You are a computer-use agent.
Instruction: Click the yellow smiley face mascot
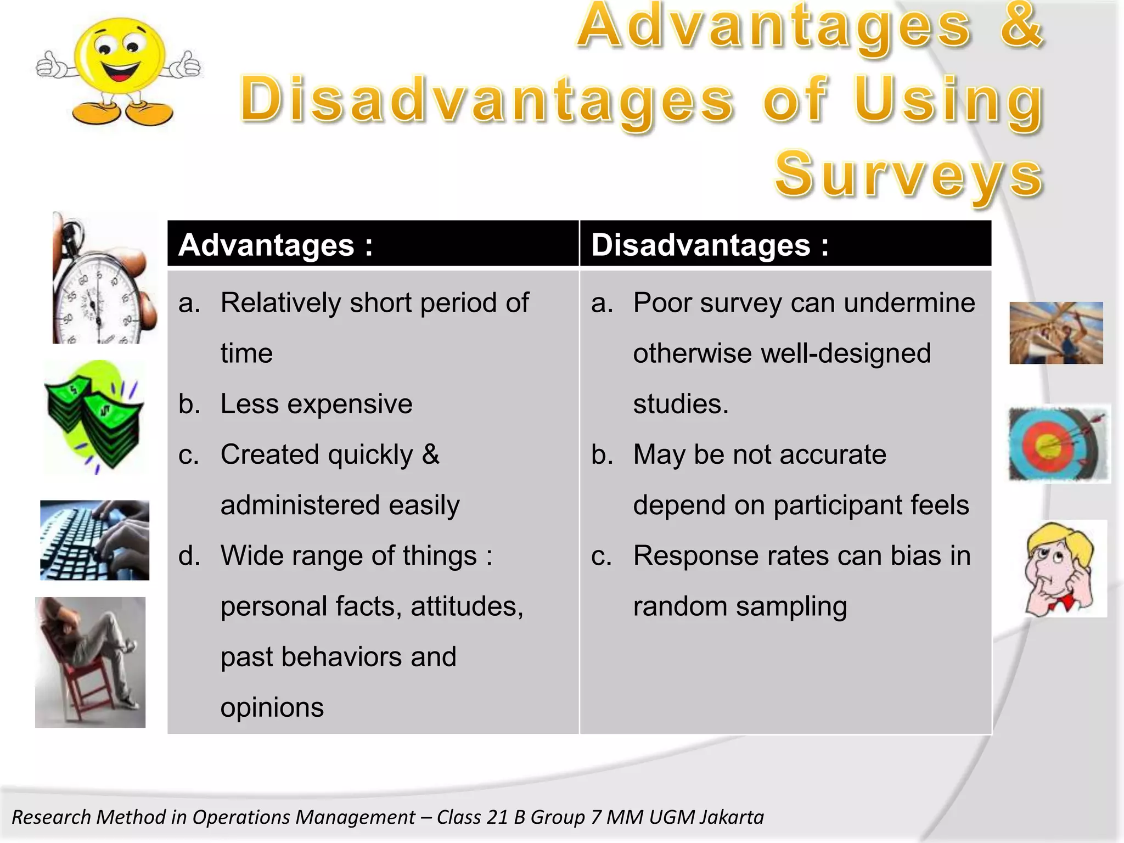[x=120, y=69]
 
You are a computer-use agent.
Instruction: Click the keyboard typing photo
[x=95, y=540]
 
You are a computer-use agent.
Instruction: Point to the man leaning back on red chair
[x=91, y=662]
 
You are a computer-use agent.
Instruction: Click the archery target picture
[x=1058, y=444]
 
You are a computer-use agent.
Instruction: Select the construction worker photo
[x=1056, y=333]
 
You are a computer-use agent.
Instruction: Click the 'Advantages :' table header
[x=276, y=245]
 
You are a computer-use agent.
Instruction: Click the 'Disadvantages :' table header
[x=710, y=245]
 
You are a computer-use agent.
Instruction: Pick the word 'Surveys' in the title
[x=908, y=175]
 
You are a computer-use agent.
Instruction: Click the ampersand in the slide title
[x=1021, y=26]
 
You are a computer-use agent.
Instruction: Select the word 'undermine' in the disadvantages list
[x=909, y=302]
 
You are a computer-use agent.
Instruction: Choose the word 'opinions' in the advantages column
[x=272, y=707]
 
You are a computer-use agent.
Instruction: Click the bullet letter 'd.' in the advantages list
[x=189, y=555]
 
